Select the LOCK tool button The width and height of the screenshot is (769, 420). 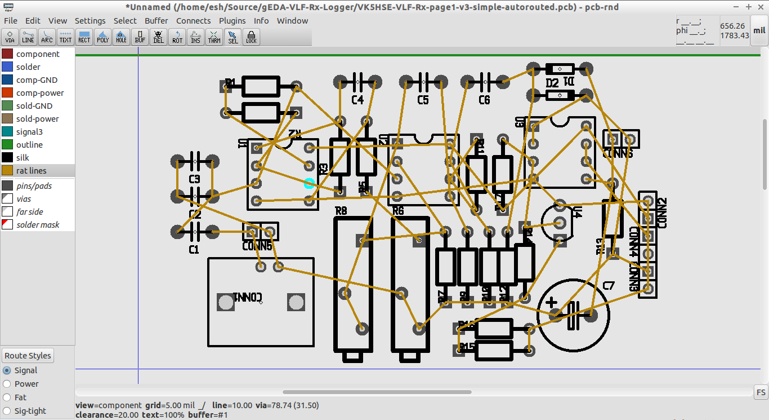click(251, 37)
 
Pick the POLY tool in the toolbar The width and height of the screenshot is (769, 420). click(102, 37)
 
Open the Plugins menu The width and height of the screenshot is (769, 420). click(232, 21)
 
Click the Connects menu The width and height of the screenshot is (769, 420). click(193, 21)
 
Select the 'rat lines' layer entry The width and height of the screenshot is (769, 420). click(32, 171)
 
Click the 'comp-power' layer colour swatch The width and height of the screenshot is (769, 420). click(7, 93)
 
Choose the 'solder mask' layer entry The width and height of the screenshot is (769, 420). click(38, 225)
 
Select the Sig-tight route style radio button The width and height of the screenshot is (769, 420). click(7, 411)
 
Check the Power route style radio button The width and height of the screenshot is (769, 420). click(7, 384)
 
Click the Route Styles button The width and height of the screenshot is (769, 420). click(28, 356)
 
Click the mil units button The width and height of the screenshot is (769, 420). click(759, 31)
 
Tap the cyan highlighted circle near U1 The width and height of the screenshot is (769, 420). click(309, 183)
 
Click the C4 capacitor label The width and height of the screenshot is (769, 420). click(357, 100)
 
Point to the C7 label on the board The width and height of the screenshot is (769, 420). click(609, 286)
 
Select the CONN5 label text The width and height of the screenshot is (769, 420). click(257, 246)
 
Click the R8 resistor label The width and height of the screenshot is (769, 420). click(341, 211)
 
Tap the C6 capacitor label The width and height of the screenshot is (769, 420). click(484, 100)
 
